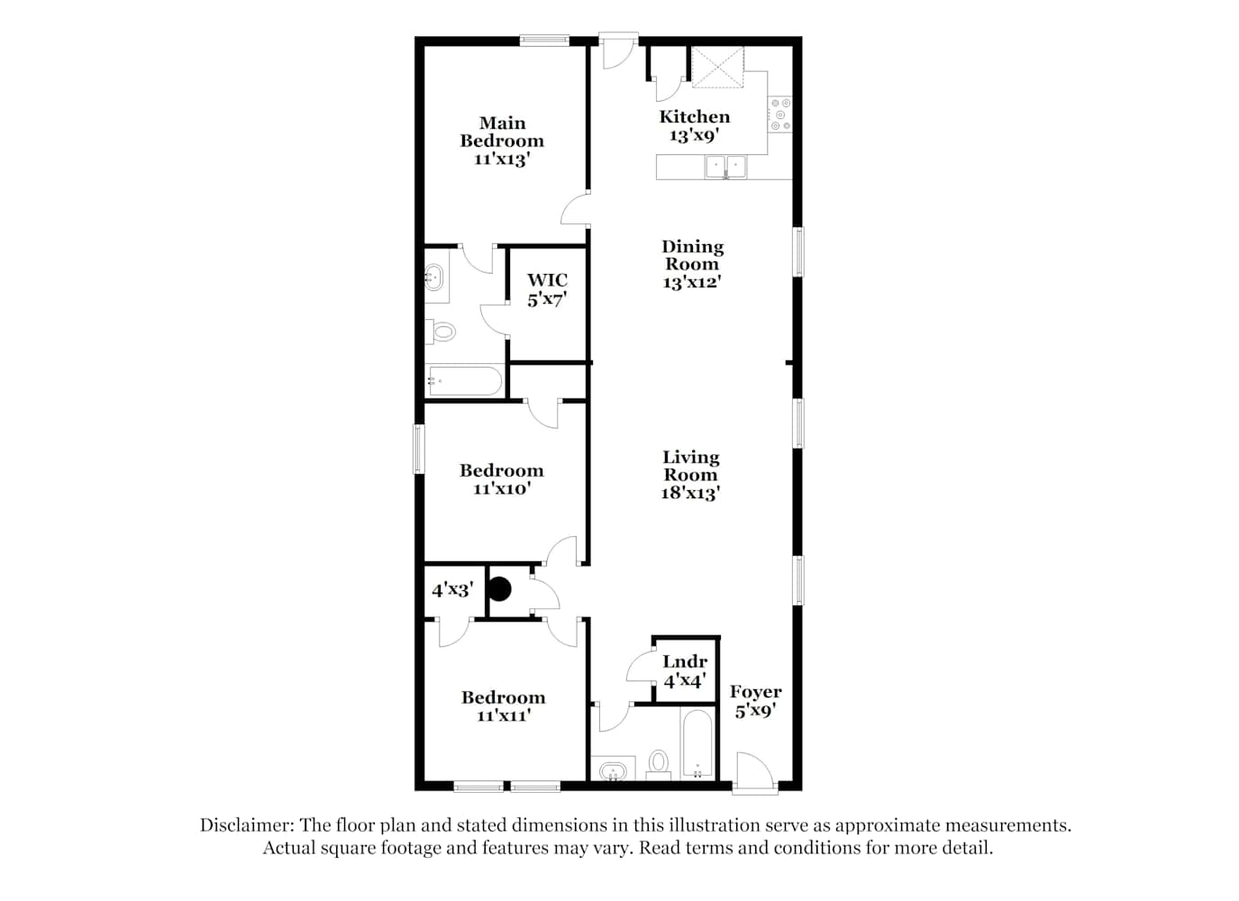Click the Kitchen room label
[x=694, y=117]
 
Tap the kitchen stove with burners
[x=780, y=114]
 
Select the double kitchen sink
[x=725, y=167]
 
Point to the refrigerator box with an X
[x=718, y=67]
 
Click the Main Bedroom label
[x=502, y=132]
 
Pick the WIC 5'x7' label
[x=547, y=290]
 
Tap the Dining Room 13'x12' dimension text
[x=692, y=282]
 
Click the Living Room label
[x=691, y=466]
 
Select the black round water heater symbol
[x=499, y=589]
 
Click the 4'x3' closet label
[x=453, y=590]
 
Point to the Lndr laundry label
[x=685, y=661]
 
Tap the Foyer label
[x=755, y=691]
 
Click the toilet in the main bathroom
[x=441, y=332]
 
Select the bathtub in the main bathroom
[x=465, y=380]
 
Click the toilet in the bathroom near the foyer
[x=658, y=765]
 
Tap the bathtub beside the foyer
[x=697, y=743]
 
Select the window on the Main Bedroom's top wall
[x=544, y=40]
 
